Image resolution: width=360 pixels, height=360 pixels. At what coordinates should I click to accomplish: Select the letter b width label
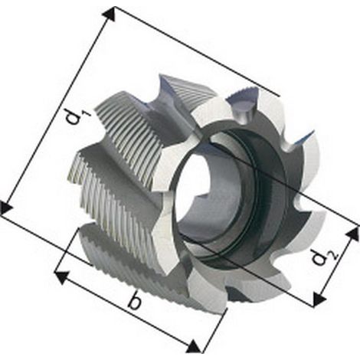click(135, 300)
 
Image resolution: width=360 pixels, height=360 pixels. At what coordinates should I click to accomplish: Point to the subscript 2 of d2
click(335, 257)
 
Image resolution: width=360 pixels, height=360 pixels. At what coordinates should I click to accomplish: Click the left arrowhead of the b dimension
click(62, 277)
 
